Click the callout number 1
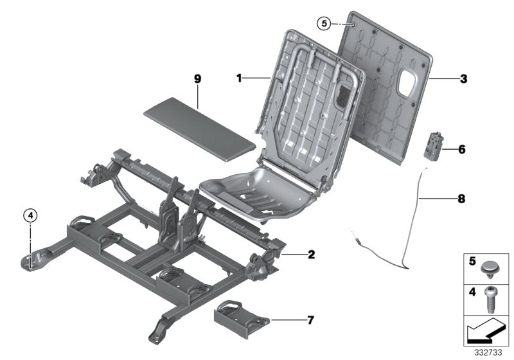pyautogui.click(x=238, y=78)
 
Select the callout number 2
pyautogui.click(x=311, y=255)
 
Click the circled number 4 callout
pyautogui.click(x=30, y=215)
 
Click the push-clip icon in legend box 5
pyautogui.click(x=493, y=265)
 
